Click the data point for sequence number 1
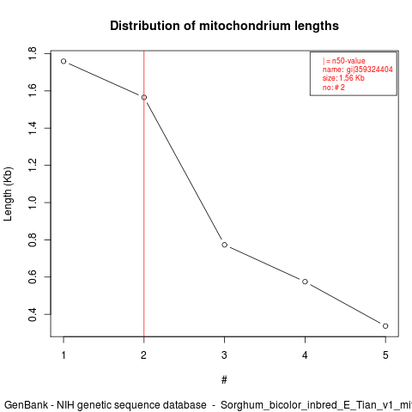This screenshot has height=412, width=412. point(64,61)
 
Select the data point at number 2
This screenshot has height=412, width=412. point(144,98)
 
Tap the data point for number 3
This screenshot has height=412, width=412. point(225,245)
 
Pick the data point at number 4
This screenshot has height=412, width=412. point(305,282)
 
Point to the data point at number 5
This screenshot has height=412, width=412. point(385,326)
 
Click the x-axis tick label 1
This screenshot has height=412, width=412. point(64,355)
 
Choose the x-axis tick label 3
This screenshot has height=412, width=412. point(224,355)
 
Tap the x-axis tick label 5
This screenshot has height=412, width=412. point(385,355)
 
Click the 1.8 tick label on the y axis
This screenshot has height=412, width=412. point(33,54)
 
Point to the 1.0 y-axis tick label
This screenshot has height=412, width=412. point(33,203)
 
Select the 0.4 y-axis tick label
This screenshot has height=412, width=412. point(33,314)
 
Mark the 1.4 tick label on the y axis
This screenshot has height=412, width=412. point(33,128)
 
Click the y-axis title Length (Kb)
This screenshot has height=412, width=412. point(8,194)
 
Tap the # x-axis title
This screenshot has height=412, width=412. point(224,380)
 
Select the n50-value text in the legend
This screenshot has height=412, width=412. point(348,61)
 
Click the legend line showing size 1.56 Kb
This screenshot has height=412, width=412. point(343,78)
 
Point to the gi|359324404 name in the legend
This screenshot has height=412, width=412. point(370,70)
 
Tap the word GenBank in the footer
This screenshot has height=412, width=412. point(27,405)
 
